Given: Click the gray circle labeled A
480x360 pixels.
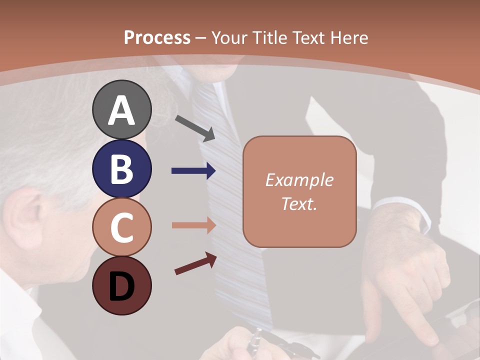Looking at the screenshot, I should coord(122,109).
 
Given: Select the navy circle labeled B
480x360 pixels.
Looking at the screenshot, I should coord(122,168).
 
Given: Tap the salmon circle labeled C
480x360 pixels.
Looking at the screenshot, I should coord(122,227).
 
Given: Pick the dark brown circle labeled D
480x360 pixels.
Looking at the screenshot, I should coord(122,285).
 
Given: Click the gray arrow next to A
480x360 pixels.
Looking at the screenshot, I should coord(195,128).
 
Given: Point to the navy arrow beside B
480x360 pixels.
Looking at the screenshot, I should coord(193,171).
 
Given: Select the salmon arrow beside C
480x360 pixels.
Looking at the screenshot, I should coord(193,225).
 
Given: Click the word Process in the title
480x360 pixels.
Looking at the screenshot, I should coord(157,37).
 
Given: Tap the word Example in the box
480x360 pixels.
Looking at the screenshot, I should coord(299,180).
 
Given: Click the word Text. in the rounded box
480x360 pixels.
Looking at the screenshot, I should coord(299,203).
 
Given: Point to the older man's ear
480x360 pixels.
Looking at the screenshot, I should coord(27,220).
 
